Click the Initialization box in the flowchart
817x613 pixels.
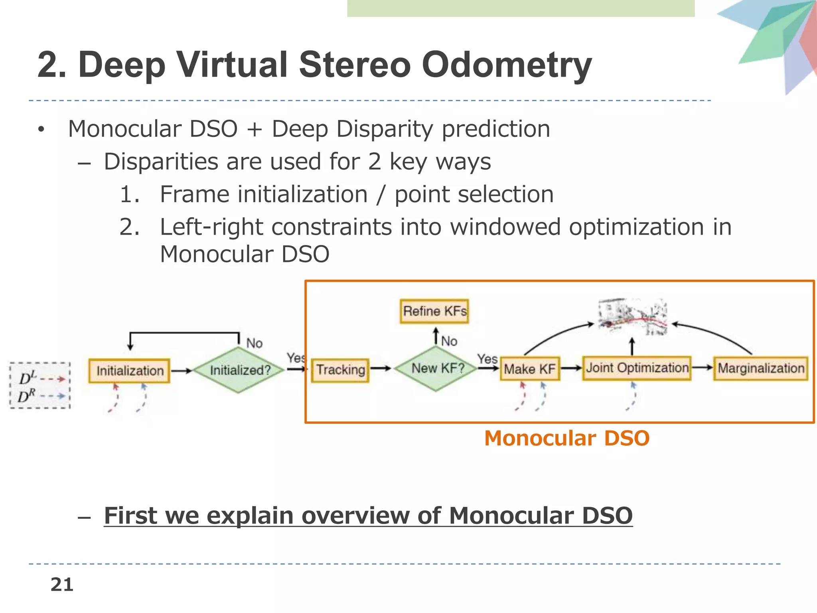(x=129, y=371)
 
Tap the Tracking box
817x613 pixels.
(x=340, y=370)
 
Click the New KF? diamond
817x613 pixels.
(x=437, y=368)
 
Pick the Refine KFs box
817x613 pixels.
(x=434, y=311)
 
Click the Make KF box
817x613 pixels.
(x=529, y=369)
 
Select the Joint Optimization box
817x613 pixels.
(x=637, y=368)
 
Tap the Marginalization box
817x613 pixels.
(x=760, y=368)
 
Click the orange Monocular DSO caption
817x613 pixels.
(x=566, y=438)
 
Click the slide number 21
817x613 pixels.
(x=62, y=585)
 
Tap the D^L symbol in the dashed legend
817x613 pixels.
(x=27, y=378)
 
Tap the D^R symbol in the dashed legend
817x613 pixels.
(x=26, y=396)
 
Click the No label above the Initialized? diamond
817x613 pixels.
(x=254, y=343)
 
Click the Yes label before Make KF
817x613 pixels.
(x=487, y=359)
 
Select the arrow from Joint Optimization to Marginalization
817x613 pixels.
(x=702, y=368)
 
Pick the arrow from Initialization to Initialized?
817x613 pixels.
(x=182, y=371)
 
